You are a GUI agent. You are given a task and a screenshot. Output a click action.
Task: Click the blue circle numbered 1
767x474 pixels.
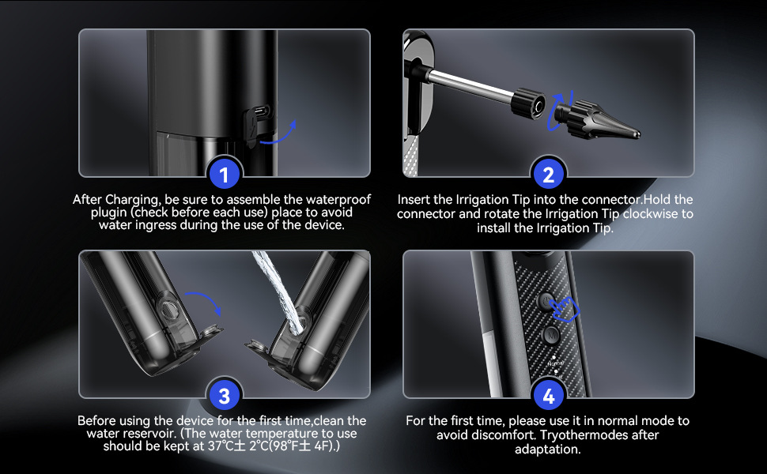point(224,175)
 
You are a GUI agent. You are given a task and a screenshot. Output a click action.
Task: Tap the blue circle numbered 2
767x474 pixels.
point(548,175)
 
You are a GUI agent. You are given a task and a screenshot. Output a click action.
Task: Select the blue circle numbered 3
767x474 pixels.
point(224,396)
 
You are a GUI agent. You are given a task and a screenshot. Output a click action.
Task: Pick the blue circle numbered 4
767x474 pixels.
point(548,396)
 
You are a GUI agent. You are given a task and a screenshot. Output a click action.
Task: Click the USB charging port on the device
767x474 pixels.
point(262,111)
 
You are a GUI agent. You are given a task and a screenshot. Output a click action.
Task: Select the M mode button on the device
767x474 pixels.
point(552,335)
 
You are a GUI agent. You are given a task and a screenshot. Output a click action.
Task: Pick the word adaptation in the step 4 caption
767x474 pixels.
point(547,450)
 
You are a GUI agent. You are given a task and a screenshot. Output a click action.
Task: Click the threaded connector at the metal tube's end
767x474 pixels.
point(527,103)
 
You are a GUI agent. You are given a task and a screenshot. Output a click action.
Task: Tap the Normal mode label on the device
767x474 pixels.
point(555,363)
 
